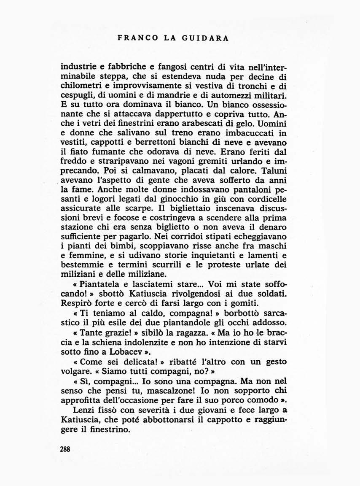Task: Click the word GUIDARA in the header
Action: pyautogui.click(x=206, y=38)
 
